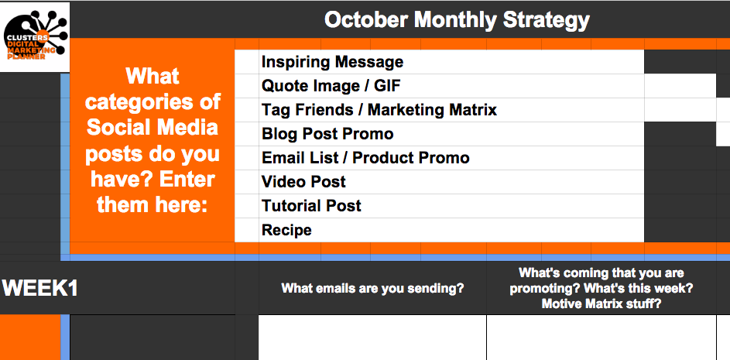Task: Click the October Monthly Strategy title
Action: click(457, 20)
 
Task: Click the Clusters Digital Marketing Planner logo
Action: click(35, 37)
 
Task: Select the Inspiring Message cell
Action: click(332, 62)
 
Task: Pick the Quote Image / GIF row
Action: click(331, 86)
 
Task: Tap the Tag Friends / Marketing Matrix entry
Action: click(379, 111)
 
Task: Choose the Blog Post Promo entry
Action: click(327, 134)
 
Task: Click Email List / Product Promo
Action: click(365, 159)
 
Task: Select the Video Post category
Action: click(303, 182)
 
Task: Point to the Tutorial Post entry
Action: click(311, 206)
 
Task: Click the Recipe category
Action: click(286, 231)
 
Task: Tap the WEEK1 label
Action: click(40, 288)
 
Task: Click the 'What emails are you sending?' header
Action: click(373, 288)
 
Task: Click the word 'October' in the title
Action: click(366, 20)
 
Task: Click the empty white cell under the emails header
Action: click(372, 338)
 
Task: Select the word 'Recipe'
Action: click(286, 231)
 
